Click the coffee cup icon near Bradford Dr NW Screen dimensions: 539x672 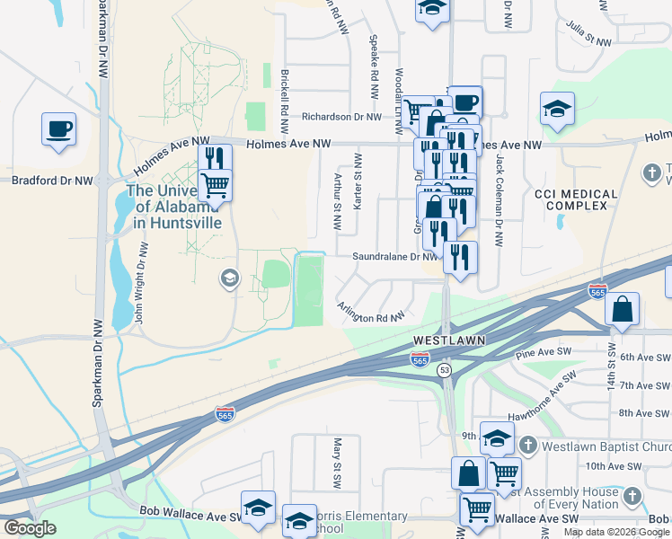coord(58,128)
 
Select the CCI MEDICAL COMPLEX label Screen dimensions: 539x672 coord(576,200)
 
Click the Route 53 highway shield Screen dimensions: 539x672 coord(444,370)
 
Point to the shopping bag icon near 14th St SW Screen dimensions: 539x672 coord(623,309)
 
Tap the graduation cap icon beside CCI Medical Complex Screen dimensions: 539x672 coord(557,109)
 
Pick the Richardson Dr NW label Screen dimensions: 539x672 coord(342,117)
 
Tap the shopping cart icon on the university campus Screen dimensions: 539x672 coord(215,185)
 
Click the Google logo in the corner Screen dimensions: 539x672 coord(30,528)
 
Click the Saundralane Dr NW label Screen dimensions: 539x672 coord(393,257)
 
